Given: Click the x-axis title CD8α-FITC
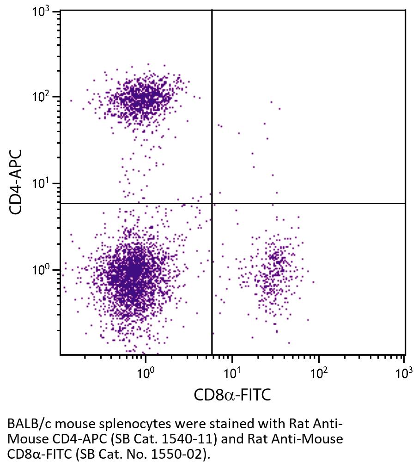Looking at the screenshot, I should point(232,395).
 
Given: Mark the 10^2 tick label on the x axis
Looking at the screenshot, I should point(318,371).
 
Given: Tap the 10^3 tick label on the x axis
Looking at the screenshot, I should point(403,371).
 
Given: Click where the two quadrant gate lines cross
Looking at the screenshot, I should point(212,203).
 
